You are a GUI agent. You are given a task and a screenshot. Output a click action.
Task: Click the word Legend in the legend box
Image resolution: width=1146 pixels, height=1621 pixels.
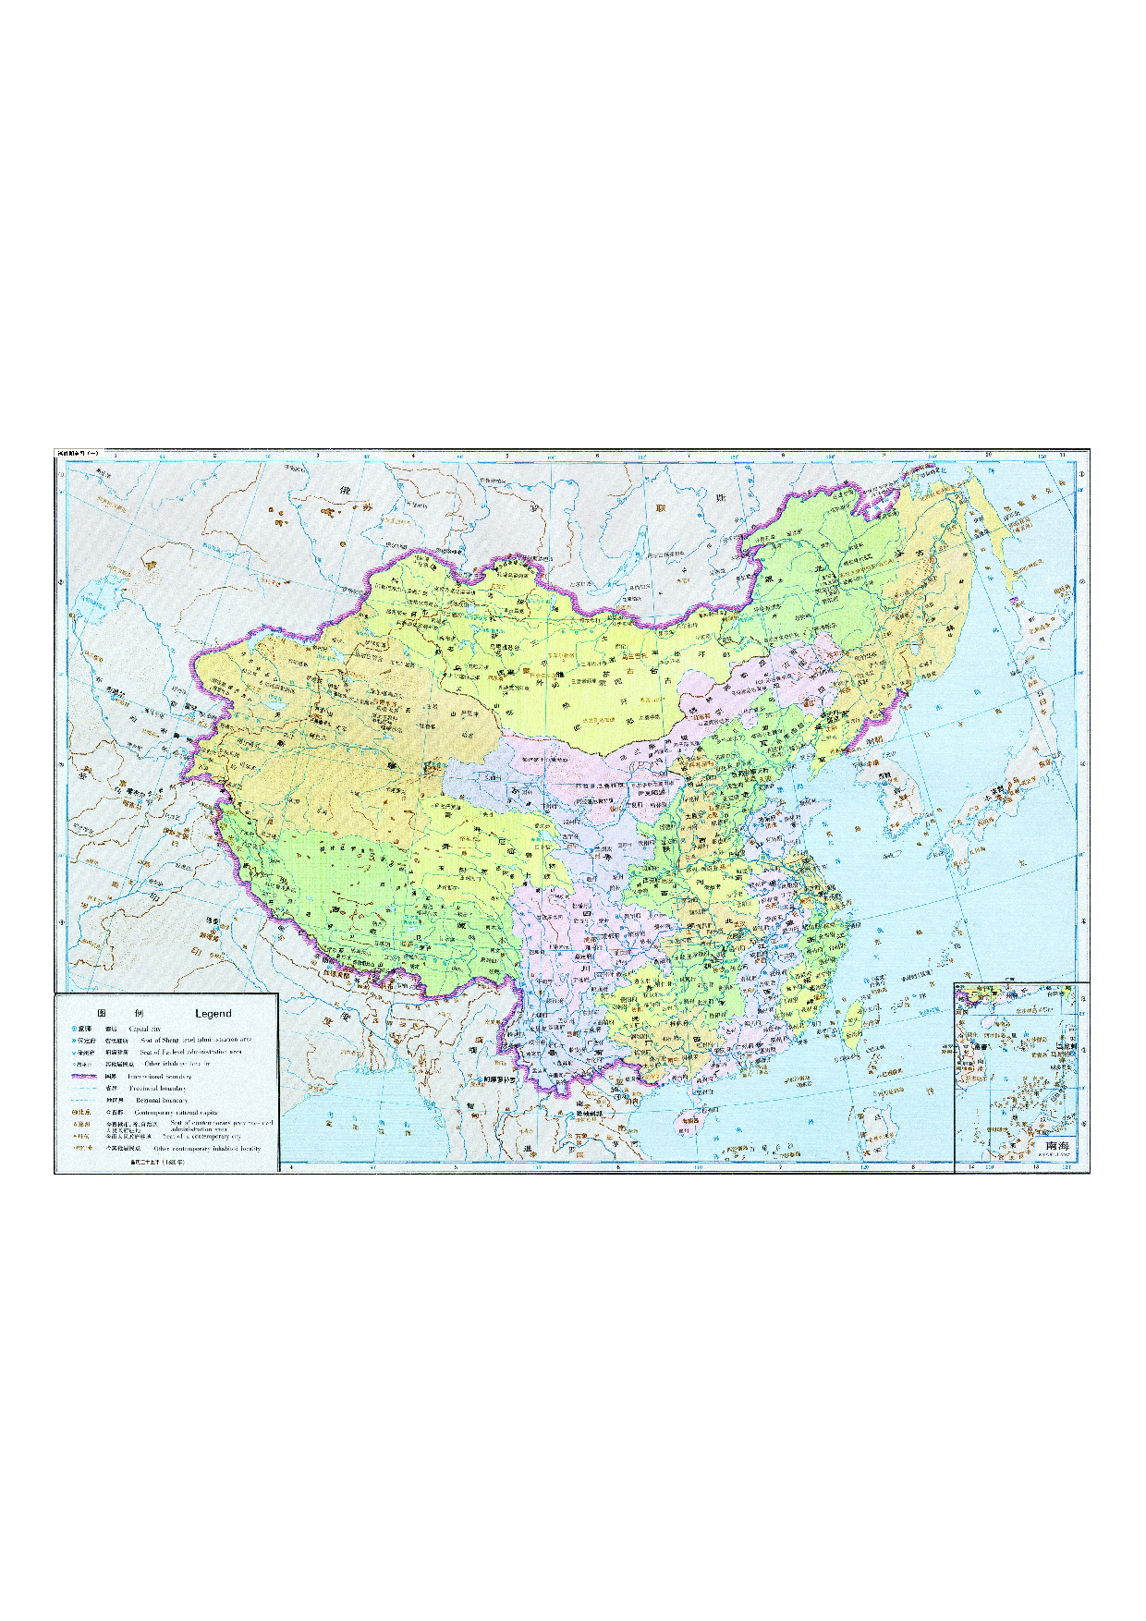213,1014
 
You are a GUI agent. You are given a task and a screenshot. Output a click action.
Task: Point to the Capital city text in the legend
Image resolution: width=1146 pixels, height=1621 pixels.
144,1029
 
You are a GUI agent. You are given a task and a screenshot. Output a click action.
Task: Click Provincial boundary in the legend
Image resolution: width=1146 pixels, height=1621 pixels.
158,1089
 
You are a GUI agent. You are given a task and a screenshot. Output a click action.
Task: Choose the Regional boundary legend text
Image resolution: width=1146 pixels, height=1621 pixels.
162,1101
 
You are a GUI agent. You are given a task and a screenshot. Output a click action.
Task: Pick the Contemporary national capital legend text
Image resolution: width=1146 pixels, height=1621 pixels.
176,1113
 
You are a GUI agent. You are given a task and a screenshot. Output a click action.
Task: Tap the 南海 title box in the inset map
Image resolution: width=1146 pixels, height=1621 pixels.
1056,1146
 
